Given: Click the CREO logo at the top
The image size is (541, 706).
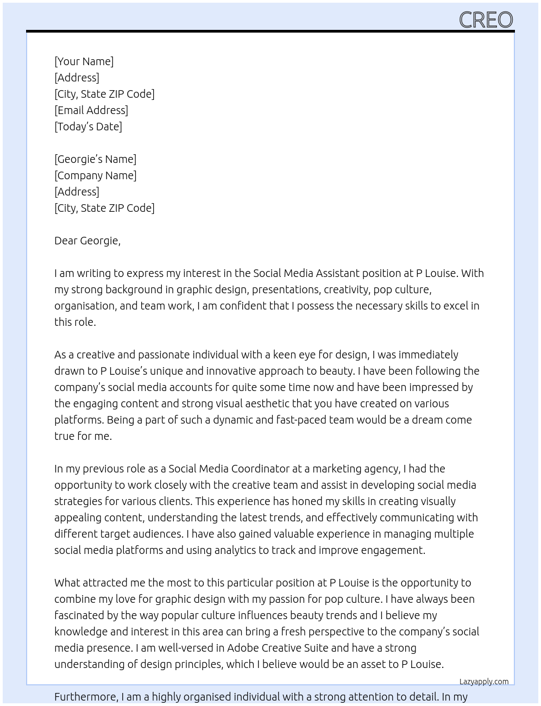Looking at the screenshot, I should click(486, 20).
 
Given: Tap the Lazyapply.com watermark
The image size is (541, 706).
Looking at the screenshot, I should click(484, 682).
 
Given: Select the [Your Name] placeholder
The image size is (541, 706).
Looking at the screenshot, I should click(84, 61).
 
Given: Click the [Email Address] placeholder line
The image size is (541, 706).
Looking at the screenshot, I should click(91, 110).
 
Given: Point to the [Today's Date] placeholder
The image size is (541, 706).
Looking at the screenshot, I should click(88, 127).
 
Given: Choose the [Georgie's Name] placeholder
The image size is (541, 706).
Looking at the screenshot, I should click(95, 159).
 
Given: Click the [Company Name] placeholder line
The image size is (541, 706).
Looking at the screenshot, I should click(95, 175).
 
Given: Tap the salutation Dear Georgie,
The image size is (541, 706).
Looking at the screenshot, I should click(87, 241).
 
